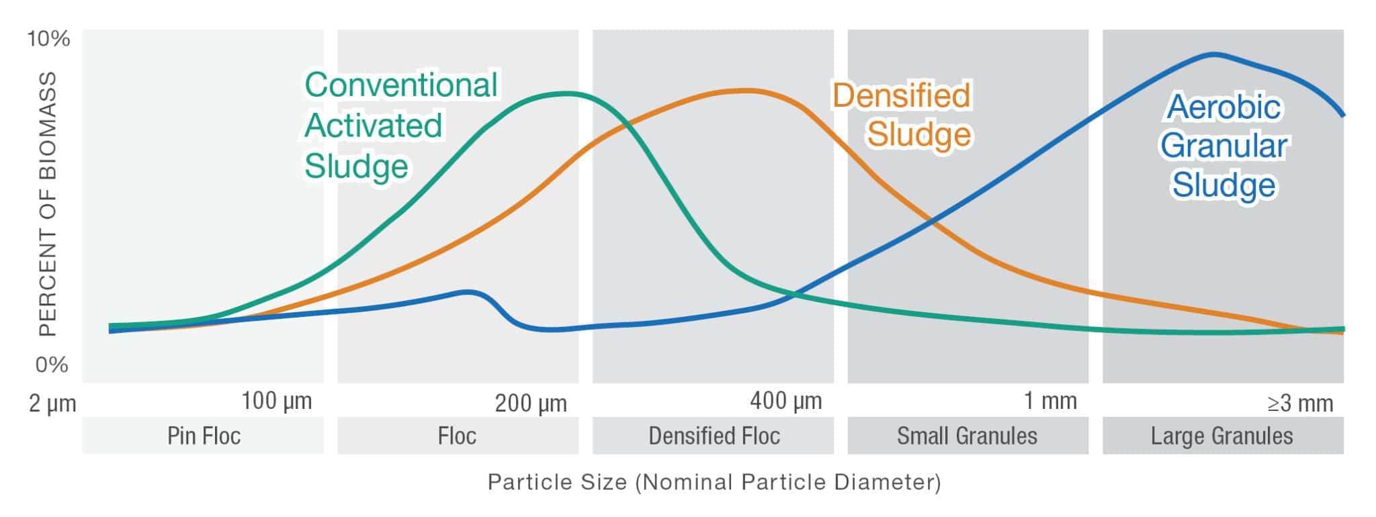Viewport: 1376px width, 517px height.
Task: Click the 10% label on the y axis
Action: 48,39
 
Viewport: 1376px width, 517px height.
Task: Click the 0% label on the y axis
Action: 52,365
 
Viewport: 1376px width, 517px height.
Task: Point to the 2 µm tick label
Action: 52,404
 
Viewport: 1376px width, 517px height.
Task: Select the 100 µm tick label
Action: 276,402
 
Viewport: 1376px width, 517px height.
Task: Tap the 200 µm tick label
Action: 531,404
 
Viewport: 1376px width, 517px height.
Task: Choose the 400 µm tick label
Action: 785,402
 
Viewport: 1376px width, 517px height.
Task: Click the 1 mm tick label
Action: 1050,402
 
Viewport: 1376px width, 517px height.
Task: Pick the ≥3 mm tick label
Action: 1299,404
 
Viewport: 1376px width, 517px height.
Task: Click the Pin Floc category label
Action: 204,436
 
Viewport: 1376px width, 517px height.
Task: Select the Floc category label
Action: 457,436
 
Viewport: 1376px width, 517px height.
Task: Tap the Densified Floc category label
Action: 714,436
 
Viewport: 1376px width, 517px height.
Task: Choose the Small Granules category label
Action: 967,436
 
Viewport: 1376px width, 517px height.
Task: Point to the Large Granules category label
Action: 1221,436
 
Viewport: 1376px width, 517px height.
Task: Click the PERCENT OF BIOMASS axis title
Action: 47,203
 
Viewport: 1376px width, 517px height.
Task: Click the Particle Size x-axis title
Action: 714,482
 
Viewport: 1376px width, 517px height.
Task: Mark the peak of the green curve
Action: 568,93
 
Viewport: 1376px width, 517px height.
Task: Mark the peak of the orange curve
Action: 742,90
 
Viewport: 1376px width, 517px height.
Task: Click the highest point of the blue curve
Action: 1213,54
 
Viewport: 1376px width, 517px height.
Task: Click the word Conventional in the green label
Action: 401,85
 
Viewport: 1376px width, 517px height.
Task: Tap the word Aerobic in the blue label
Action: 1224,107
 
